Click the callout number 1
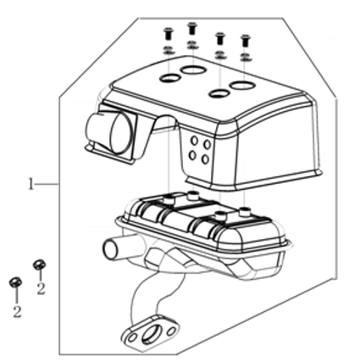pyautogui.click(x=30, y=184)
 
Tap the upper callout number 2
pyautogui.click(x=41, y=288)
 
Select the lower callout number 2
pyautogui.click(x=17, y=311)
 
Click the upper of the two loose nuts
pyautogui.click(x=39, y=265)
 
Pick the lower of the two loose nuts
pyautogui.click(x=15, y=282)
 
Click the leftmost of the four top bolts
pyautogui.click(x=169, y=34)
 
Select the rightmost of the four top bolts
pyautogui.click(x=246, y=41)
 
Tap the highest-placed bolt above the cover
pyautogui.click(x=192, y=28)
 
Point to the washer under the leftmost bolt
pyautogui.click(x=169, y=50)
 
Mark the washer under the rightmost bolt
pyautogui.click(x=246, y=57)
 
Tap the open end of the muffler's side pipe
pyautogui.click(x=111, y=249)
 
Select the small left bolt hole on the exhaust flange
pyautogui.click(x=132, y=338)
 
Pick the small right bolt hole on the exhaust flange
pyautogui.click(x=171, y=331)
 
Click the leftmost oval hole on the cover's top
pyautogui.click(x=170, y=78)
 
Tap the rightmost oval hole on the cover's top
pyautogui.click(x=242, y=85)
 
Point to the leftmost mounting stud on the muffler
pyautogui.click(x=170, y=199)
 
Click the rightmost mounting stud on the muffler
pyautogui.click(x=244, y=212)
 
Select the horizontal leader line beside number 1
pyautogui.click(x=47, y=184)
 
